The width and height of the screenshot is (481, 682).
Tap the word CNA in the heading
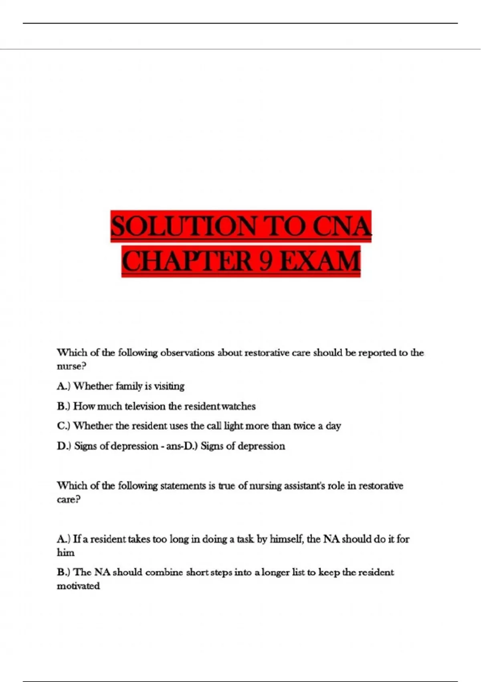(x=342, y=226)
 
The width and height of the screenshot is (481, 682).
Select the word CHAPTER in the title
(x=187, y=261)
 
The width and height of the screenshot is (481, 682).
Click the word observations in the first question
(x=187, y=353)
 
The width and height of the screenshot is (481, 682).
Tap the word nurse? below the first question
(x=71, y=366)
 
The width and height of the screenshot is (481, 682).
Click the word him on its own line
(x=65, y=552)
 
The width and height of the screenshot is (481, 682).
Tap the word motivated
(x=78, y=586)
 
